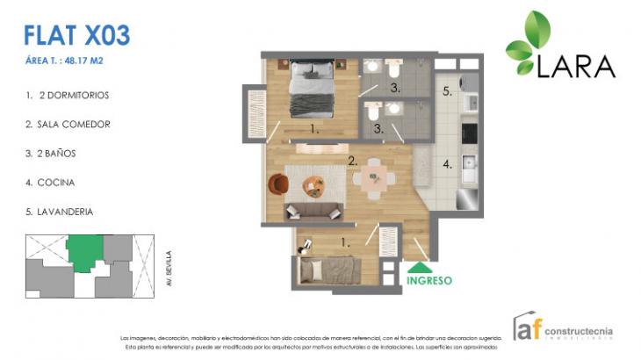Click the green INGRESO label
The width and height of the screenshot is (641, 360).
(x=429, y=281)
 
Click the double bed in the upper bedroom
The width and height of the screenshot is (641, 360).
(x=312, y=88)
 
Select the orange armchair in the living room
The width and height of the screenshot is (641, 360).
(x=278, y=184)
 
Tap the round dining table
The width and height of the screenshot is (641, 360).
(x=375, y=178)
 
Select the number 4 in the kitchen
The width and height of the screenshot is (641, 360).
(x=446, y=163)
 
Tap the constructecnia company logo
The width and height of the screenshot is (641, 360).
(x=562, y=328)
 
